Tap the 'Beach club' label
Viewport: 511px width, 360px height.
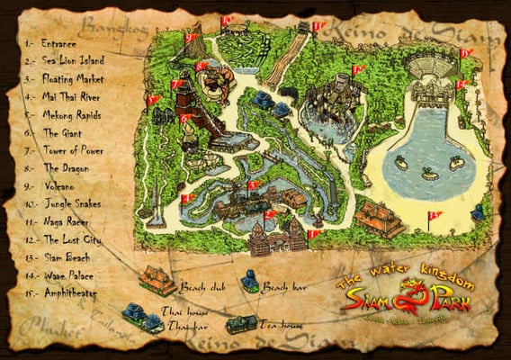[x=199, y=286]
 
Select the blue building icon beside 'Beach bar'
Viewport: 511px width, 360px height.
[x=249, y=283]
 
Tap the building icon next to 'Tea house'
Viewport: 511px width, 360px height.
[x=240, y=323]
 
